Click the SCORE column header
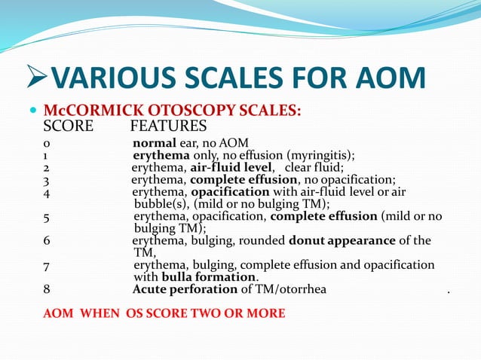click(x=68, y=125)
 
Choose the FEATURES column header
click(x=168, y=125)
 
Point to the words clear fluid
click(x=314, y=168)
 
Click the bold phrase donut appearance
click(x=343, y=241)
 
